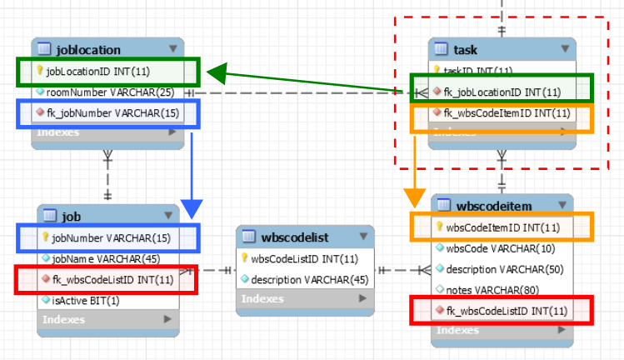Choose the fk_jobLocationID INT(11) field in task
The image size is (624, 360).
click(x=502, y=92)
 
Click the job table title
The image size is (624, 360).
click(x=71, y=217)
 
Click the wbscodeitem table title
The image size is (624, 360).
click(x=495, y=206)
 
